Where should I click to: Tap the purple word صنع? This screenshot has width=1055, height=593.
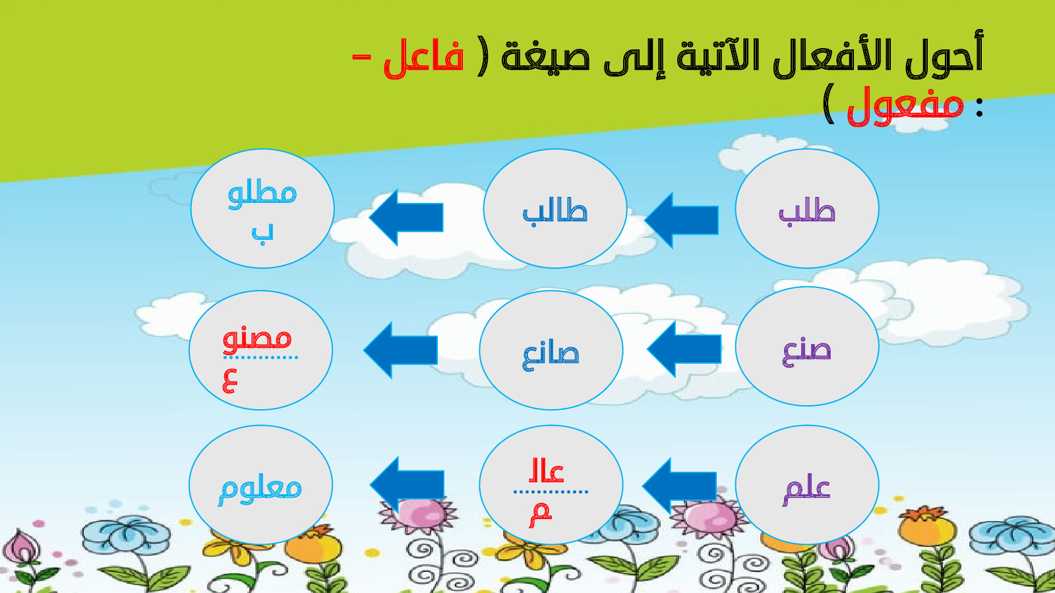point(807,352)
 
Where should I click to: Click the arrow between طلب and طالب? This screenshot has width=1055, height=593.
point(681,220)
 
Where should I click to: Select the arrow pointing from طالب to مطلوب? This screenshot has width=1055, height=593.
point(406,217)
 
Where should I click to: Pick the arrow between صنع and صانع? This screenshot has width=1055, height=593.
point(684,349)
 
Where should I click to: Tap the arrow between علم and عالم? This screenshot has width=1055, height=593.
point(679,486)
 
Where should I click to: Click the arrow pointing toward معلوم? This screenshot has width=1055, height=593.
point(407,485)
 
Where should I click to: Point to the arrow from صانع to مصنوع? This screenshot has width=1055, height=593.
point(400,350)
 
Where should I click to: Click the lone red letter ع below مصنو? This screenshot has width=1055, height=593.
point(229,381)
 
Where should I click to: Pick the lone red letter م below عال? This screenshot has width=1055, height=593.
point(540,515)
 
